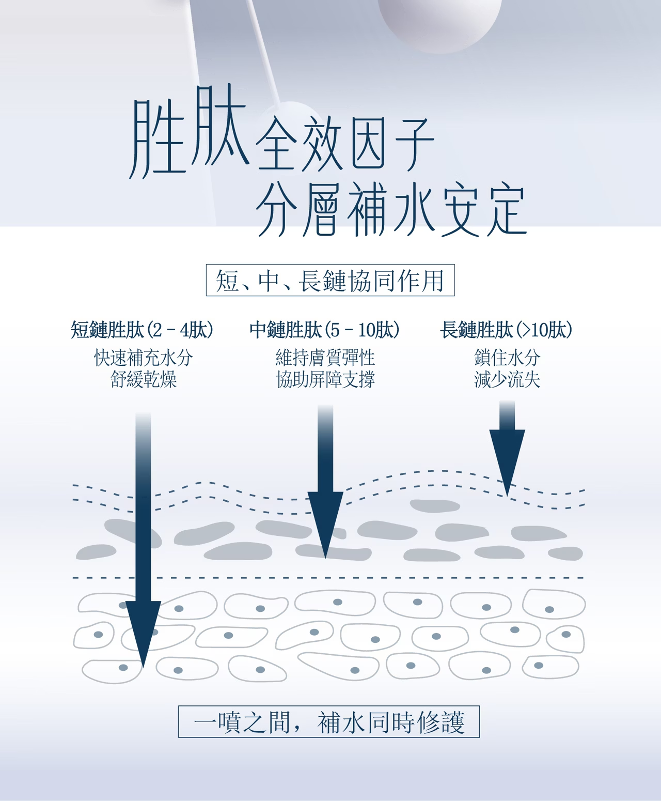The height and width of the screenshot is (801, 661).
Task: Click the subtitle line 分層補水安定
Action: (391, 210)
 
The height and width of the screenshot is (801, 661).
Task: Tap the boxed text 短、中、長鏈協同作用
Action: (330, 281)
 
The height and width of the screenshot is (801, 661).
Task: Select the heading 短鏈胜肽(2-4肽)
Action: (142, 330)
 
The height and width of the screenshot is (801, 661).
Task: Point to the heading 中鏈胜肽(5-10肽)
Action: (324, 330)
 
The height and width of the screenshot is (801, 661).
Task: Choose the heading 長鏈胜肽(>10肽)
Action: (506, 330)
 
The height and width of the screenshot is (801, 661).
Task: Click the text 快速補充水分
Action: (144, 358)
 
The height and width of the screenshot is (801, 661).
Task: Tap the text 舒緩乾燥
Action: (144, 380)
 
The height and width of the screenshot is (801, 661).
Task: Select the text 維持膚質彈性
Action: (325, 358)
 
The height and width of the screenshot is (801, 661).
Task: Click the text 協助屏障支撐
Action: (325, 380)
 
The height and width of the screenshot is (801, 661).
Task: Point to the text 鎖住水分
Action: (507, 358)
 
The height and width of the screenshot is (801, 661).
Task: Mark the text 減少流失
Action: (507, 380)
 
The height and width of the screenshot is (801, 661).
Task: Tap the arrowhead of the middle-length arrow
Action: (325, 522)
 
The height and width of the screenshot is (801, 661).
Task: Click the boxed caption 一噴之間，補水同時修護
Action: (329, 722)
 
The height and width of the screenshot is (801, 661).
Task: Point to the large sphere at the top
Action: (439, 21)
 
